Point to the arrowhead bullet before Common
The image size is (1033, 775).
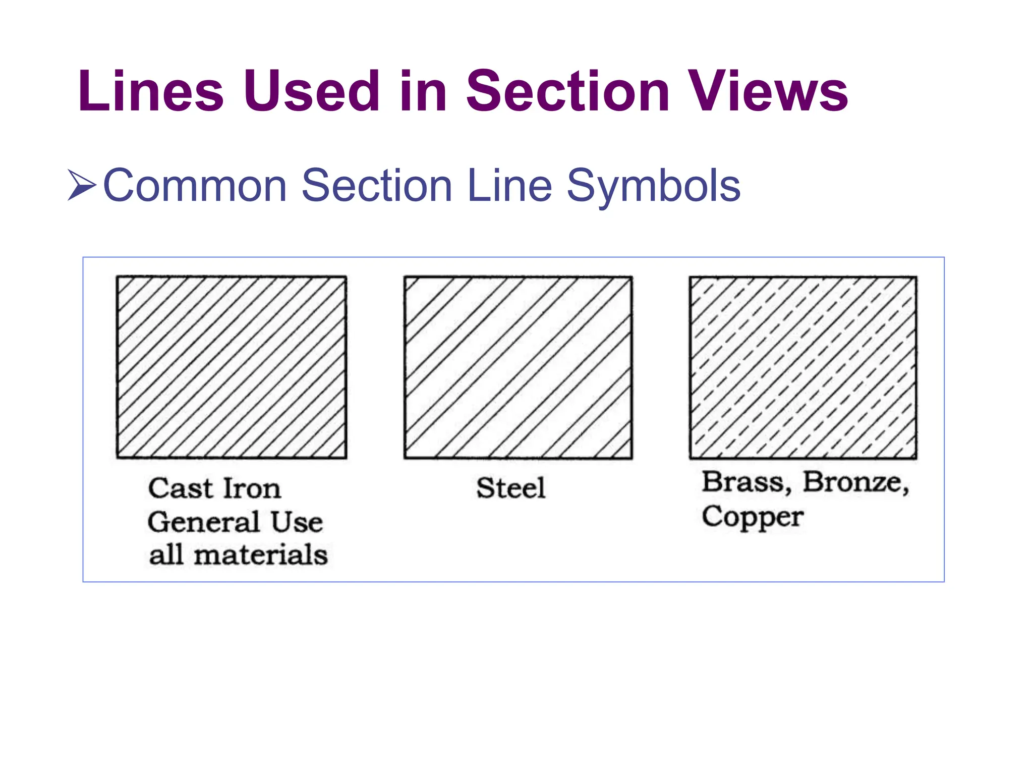(x=81, y=185)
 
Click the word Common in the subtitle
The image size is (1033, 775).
(x=195, y=186)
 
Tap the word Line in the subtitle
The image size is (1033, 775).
(x=509, y=186)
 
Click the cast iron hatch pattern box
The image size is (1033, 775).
(x=232, y=367)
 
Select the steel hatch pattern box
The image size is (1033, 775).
(x=518, y=367)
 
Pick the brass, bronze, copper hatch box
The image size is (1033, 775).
(x=803, y=367)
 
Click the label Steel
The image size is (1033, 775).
(x=511, y=488)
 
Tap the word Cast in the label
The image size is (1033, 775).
(x=180, y=488)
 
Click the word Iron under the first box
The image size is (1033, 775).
(x=251, y=488)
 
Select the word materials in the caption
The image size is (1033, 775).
(x=261, y=555)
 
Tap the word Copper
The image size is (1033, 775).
(x=752, y=517)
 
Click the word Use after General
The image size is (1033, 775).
(x=297, y=522)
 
